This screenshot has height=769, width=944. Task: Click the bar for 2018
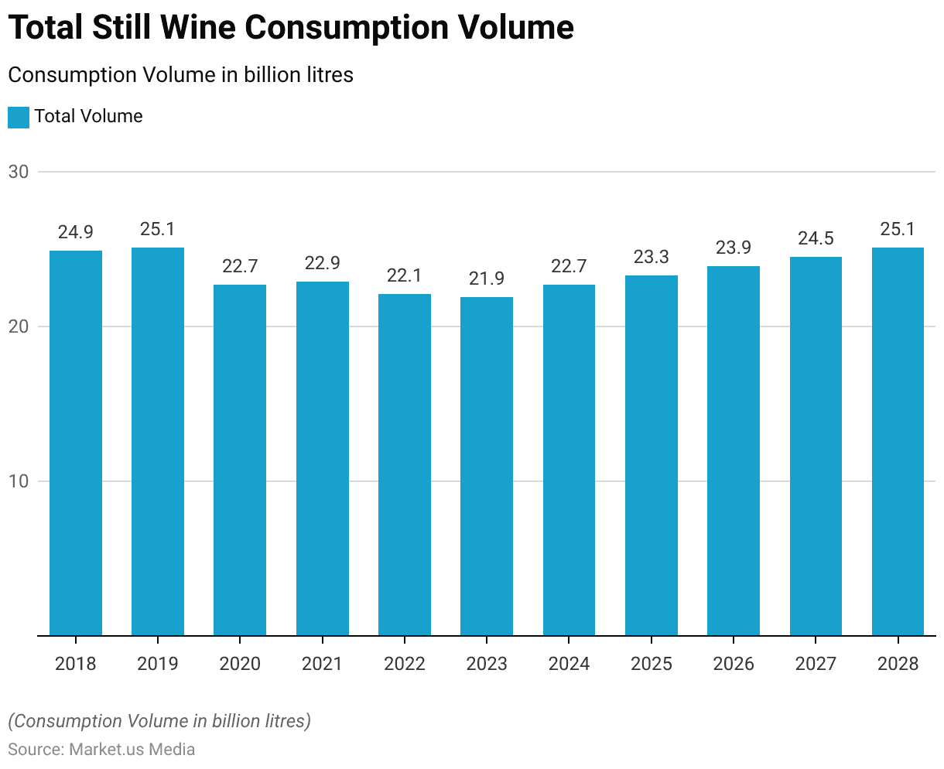pos(76,443)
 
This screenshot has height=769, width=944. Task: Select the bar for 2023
pos(487,466)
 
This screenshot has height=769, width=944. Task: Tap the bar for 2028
pos(898,441)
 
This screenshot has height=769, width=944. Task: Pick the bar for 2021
pos(323,458)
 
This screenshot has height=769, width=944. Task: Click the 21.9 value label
pos(487,279)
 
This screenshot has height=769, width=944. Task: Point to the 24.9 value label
pos(76,232)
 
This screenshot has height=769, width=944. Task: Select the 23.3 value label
pos(652,257)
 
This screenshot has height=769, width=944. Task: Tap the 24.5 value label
pos(816,238)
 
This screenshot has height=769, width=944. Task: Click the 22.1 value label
pos(405,275)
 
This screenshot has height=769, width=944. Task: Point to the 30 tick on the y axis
pos(19,172)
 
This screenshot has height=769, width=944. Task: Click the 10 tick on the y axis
pos(19,481)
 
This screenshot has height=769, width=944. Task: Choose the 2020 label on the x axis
pos(240,664)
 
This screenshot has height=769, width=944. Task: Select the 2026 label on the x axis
pos(734,664)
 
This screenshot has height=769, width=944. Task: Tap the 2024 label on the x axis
pos(569,664)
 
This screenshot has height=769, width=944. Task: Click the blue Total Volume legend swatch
pos(19,117)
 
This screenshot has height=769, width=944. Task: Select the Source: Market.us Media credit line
pos(101,749)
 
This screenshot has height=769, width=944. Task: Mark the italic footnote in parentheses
pos(159,721)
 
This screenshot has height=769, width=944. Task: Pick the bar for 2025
pos(652,455)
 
